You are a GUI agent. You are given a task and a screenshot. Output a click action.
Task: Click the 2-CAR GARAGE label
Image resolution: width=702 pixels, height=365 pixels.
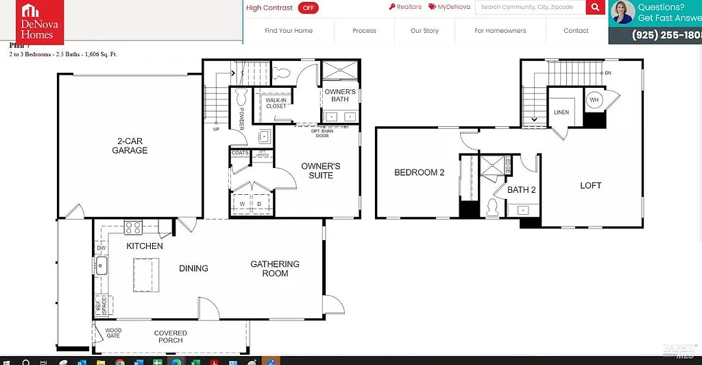(x=130, y=145)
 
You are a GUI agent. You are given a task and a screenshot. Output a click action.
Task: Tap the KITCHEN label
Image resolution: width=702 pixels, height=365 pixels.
(x=145, y=246)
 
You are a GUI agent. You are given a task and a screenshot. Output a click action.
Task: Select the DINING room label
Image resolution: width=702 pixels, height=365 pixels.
(x=193, y=268)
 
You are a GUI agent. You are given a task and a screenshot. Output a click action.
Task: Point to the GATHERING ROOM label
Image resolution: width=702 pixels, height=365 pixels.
(x=275, y=268)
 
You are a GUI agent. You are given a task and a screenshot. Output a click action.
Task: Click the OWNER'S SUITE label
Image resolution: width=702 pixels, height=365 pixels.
(x=320, y=171)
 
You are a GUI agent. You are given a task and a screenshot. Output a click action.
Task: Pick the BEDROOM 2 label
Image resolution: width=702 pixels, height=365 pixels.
(x=419, y=173)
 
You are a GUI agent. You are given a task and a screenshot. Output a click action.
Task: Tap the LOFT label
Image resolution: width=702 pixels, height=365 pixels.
(x=590, y=185)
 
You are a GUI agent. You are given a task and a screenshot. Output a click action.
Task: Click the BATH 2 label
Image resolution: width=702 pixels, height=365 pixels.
(x=521, y=190)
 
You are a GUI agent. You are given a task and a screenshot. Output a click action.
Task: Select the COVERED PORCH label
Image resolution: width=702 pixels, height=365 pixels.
(x=171, y=336)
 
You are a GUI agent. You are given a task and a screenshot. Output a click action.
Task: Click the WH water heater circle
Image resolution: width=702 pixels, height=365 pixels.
(x=594, y=99)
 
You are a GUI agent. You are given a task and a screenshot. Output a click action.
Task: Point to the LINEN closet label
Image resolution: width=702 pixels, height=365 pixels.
(x=561, y=113)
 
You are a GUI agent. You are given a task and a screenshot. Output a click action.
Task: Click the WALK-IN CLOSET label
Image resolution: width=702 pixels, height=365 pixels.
(x=276, y=103)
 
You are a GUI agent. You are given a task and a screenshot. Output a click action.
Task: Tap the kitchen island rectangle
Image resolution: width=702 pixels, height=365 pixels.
(x=150, y=274)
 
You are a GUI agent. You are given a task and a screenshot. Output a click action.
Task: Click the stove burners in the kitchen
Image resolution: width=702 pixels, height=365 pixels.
(x=133, y=227)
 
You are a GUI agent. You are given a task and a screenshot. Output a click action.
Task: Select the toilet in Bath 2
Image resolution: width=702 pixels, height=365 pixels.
(x=492, y=208)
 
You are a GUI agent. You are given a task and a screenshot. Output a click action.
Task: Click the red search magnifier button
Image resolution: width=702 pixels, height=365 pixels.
(x=595, y=8)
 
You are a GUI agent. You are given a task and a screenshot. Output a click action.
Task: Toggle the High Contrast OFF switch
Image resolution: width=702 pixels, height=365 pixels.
(x=308, y=8)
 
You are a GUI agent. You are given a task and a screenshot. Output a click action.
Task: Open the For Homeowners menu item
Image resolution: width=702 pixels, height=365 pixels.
(x=500, y=31)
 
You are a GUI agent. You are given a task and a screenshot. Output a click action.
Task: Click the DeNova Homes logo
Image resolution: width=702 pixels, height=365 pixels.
(x=40, y=23)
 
